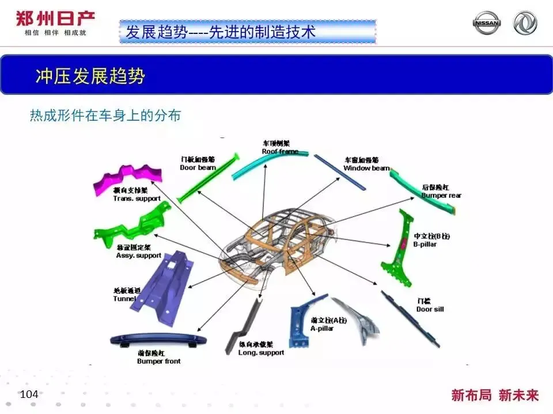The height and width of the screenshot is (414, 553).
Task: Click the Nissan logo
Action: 487,23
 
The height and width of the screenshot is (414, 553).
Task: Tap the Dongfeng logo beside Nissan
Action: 525,23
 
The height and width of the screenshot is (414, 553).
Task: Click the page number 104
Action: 29,394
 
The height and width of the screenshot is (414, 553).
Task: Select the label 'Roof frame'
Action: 280,151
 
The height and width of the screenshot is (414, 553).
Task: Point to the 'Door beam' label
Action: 198,167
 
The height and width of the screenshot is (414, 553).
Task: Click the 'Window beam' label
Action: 366,168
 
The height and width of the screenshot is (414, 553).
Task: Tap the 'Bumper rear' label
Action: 441,195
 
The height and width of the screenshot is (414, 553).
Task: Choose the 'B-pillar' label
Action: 426,244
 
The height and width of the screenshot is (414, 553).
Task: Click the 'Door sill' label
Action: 430,309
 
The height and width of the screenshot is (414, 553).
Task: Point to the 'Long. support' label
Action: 261,352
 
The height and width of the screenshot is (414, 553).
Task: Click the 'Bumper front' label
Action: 158,361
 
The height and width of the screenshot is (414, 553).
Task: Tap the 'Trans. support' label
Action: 137,198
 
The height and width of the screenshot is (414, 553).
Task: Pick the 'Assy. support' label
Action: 138,255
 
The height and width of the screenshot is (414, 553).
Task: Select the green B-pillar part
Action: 397,247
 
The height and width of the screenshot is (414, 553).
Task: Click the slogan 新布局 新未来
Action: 495,395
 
